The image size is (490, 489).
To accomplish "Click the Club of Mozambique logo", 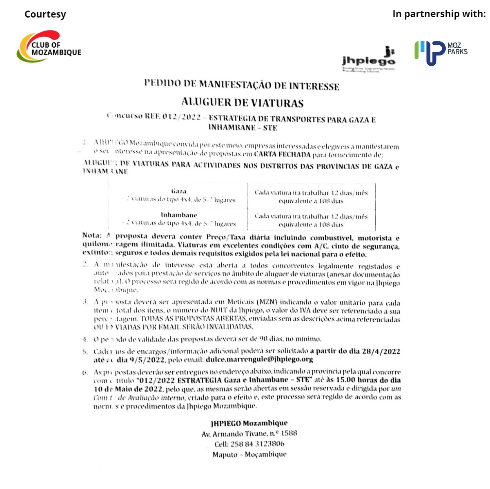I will tap(49, 46).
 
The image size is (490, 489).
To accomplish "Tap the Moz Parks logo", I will tap(441, 52).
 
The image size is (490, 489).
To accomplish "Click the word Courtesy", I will tap(45, 14).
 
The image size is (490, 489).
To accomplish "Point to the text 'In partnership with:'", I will tap(439, 14).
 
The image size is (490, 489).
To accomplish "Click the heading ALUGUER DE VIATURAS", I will tap(242, 102).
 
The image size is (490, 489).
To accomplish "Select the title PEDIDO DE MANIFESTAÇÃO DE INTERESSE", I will tap(241, 85).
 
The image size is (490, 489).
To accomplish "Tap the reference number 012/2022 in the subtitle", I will tap(182, 117).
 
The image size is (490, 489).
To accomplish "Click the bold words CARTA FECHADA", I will tap(282, 154).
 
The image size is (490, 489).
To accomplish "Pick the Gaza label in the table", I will tap(179, 191).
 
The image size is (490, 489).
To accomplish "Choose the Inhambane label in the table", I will tap(179, 215).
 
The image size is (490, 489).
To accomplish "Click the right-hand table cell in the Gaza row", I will tap(311, 197).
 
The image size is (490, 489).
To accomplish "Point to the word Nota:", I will tap(92, 235).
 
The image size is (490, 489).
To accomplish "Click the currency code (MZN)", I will tap(267, 302).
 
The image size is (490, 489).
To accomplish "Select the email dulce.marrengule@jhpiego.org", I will tap(259, 359).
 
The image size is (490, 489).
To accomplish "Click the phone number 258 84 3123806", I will tap(257, 444).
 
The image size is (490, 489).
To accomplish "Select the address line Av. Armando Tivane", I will tap(249, 434).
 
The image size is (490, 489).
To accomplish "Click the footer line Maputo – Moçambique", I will tap(249, 454).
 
